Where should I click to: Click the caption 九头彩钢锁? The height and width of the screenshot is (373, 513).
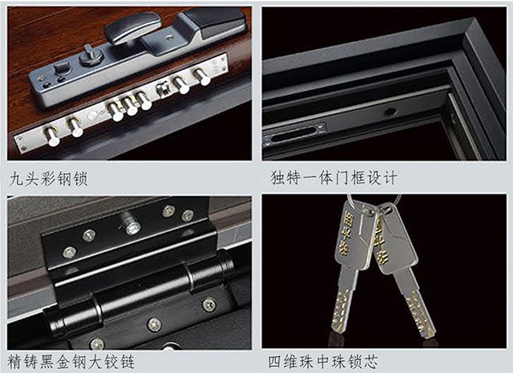49,179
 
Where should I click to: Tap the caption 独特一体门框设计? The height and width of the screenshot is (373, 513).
333,178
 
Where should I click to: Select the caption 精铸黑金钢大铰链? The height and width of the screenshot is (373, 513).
71,362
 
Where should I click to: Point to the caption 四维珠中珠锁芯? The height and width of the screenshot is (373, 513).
323,362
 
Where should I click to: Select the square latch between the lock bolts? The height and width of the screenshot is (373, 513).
163,90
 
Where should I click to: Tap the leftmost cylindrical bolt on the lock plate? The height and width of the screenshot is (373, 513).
52,137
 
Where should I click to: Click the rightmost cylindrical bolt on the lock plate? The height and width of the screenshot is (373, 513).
202,77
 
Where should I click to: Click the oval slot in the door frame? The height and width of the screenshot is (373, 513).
293,134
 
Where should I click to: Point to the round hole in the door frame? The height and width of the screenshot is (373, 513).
391,112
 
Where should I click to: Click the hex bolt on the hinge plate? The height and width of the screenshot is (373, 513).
132,226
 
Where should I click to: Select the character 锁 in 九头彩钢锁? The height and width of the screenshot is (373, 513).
80,179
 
